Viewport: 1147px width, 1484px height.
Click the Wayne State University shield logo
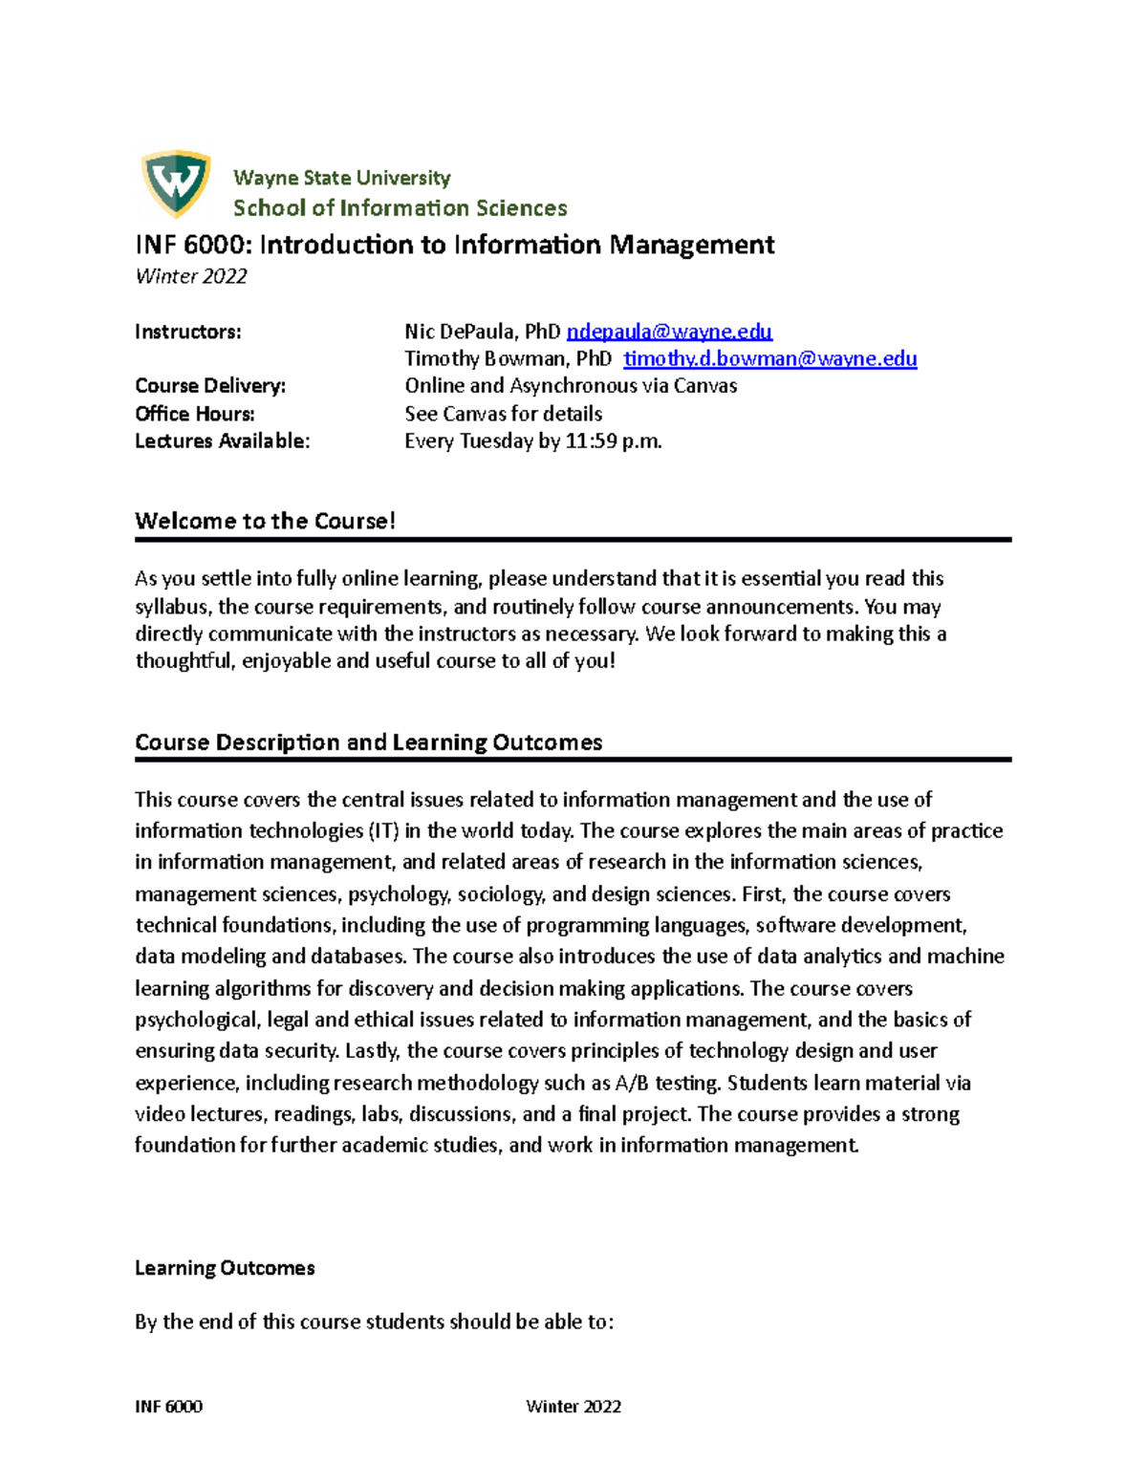click(176, 183)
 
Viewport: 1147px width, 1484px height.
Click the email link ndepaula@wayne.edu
click(669, 332)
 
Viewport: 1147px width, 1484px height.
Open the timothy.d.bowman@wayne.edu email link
click(769, 359)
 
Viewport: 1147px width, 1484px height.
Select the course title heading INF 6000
click(454, 246)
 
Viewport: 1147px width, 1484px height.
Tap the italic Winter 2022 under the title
click(191, 277)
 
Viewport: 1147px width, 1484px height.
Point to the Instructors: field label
click(188, 333)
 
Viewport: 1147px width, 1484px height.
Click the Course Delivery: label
click(210, 386)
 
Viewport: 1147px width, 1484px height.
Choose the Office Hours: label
click(195, 414)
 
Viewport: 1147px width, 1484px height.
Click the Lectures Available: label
click(223, 441)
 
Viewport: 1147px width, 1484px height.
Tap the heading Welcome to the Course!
click(265, 522)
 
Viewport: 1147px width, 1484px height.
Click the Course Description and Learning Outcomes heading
click(368, 742)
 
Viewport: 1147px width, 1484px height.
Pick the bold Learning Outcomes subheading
click(225, 1268)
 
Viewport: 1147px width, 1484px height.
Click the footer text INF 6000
click(168, 1407)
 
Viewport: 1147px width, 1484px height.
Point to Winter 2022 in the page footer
click(573, 1407)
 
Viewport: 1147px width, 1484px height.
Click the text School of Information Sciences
click(400, 208)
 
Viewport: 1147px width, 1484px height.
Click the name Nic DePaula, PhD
click(483, 332)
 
